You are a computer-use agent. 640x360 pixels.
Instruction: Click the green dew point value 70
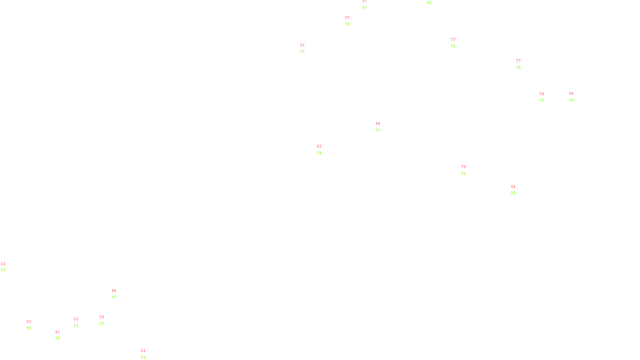518,68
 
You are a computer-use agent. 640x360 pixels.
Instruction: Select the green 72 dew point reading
302,52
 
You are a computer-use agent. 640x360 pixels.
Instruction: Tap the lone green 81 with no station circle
429,3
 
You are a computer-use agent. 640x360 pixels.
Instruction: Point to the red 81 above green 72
302,45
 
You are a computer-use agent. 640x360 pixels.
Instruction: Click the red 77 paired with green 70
518,61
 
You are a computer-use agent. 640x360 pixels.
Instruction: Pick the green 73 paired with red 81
143,358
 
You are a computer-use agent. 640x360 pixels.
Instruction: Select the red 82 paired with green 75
58,332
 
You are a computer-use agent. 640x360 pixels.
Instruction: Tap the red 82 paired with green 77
76,319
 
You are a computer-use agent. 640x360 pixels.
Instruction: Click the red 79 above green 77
102,317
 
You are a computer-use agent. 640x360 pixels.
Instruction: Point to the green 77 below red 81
3,270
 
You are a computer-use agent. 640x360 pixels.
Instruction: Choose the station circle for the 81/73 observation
147,354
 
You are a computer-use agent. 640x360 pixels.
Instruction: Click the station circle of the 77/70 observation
522,64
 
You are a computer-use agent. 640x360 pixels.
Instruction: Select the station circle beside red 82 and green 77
80,322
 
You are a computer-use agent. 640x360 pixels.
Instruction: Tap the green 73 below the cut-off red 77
364,8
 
